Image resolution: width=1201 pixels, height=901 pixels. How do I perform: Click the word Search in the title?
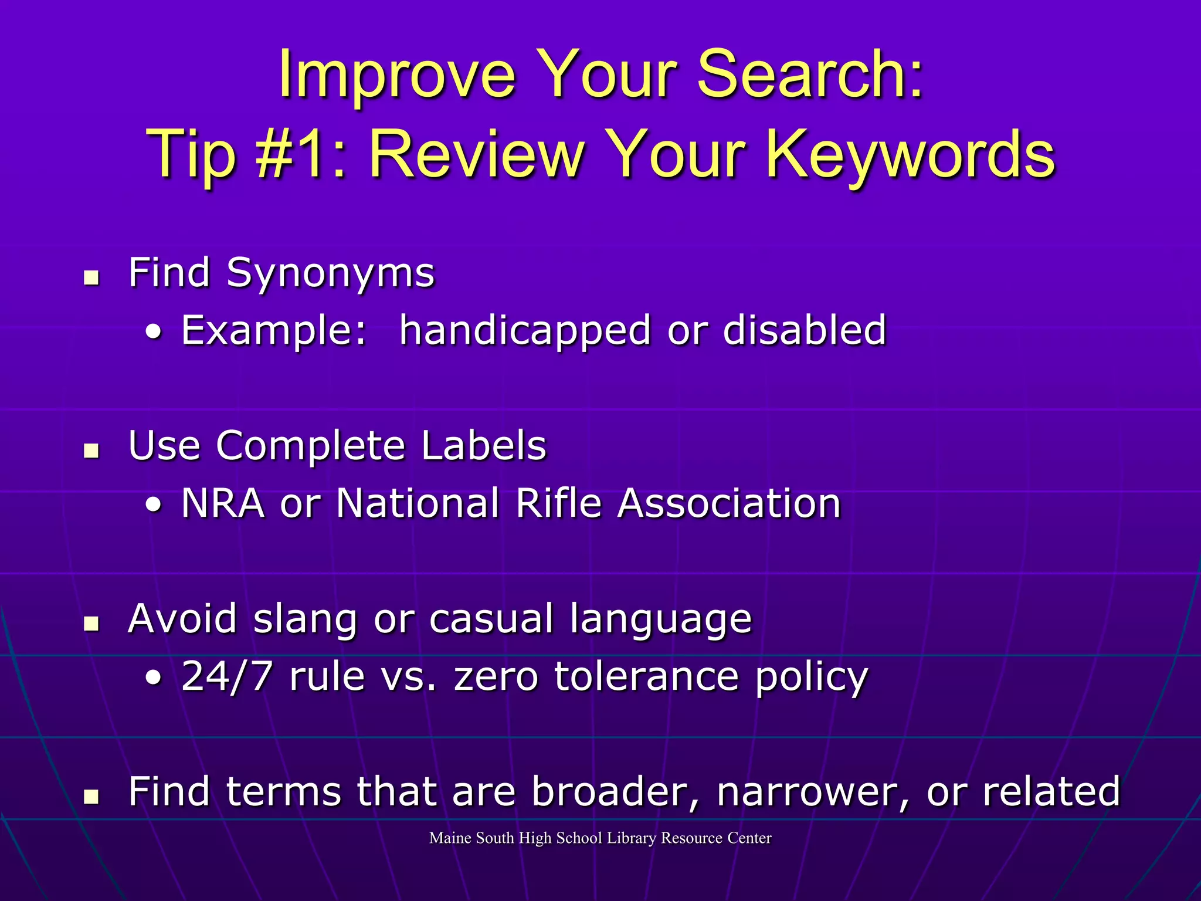coord(809,75)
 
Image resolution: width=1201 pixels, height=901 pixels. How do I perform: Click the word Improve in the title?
coord(396,75)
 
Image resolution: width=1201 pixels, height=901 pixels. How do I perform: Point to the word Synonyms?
coord(331,274)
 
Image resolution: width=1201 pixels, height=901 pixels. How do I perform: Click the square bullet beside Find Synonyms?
coord(91,277)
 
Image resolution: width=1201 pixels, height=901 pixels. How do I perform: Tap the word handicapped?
coord(525,330)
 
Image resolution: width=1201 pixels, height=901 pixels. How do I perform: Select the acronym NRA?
coord(223,503)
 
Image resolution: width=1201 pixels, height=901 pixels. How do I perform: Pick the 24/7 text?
coord(228,676)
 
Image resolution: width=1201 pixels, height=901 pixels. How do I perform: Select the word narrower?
coord(812,791)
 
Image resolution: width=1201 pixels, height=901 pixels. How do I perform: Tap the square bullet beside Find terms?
coord(91,796)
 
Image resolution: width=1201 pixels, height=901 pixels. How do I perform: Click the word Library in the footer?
coord(632,838)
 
